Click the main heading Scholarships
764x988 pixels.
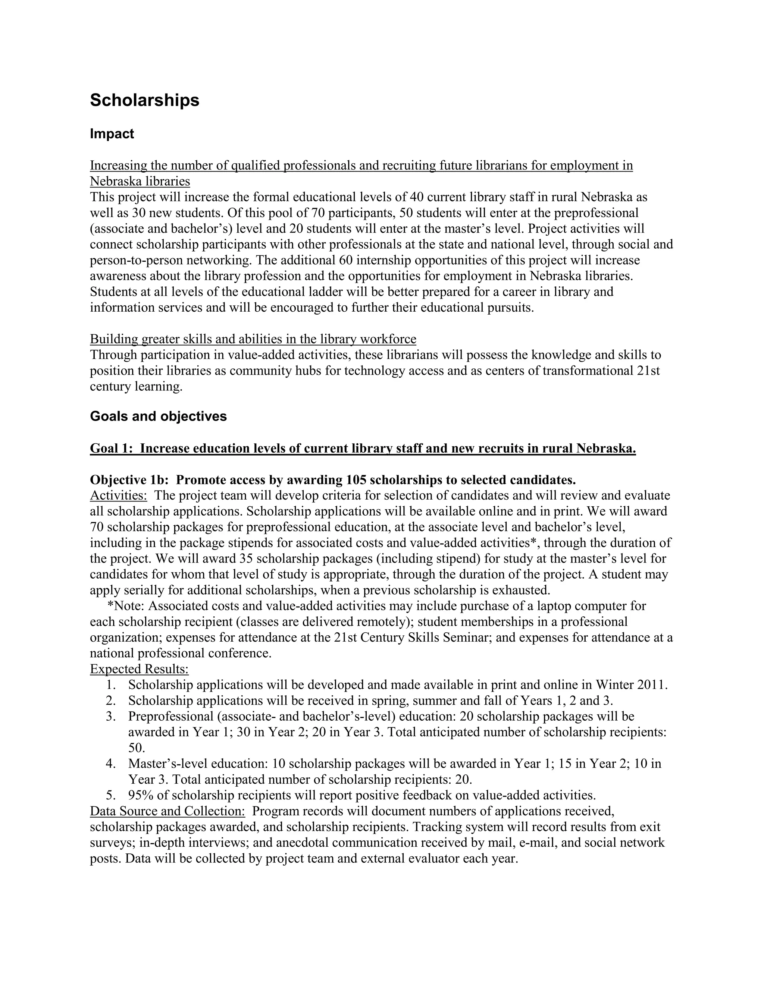point(144,100)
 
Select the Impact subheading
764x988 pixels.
point(112,134)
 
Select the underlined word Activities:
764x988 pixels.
point(118,495)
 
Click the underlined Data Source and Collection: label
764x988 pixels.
point(167,811)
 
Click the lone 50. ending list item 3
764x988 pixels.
point(137,748)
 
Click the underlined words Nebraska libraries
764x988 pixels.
point(140,182)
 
